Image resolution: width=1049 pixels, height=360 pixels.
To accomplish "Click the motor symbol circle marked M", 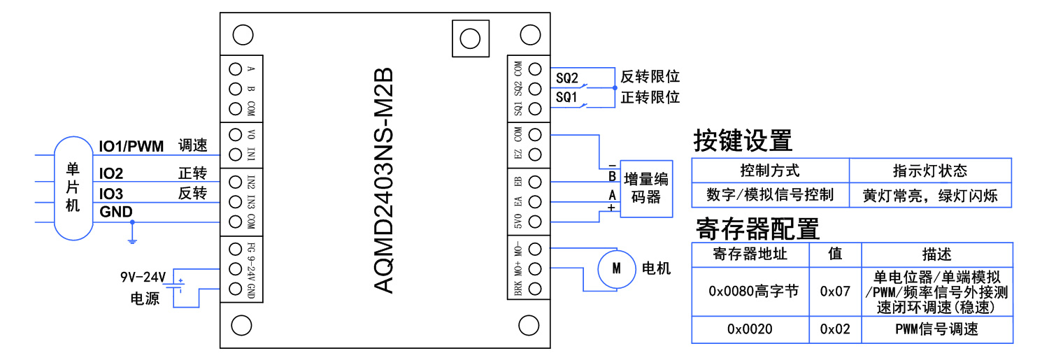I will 616,268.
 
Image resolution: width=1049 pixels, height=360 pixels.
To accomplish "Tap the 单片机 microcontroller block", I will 73,188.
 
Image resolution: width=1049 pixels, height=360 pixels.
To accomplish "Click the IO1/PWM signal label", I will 131,146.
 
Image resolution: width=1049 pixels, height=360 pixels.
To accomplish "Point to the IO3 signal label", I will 111,194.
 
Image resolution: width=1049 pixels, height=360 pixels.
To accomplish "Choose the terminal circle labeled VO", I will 235,134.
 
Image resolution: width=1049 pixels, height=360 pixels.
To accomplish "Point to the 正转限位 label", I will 650,97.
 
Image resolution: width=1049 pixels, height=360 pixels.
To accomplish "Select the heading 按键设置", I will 742,141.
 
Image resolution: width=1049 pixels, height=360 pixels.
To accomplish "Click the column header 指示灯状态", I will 929,171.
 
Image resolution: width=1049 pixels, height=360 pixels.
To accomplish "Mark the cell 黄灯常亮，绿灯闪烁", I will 929,195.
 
